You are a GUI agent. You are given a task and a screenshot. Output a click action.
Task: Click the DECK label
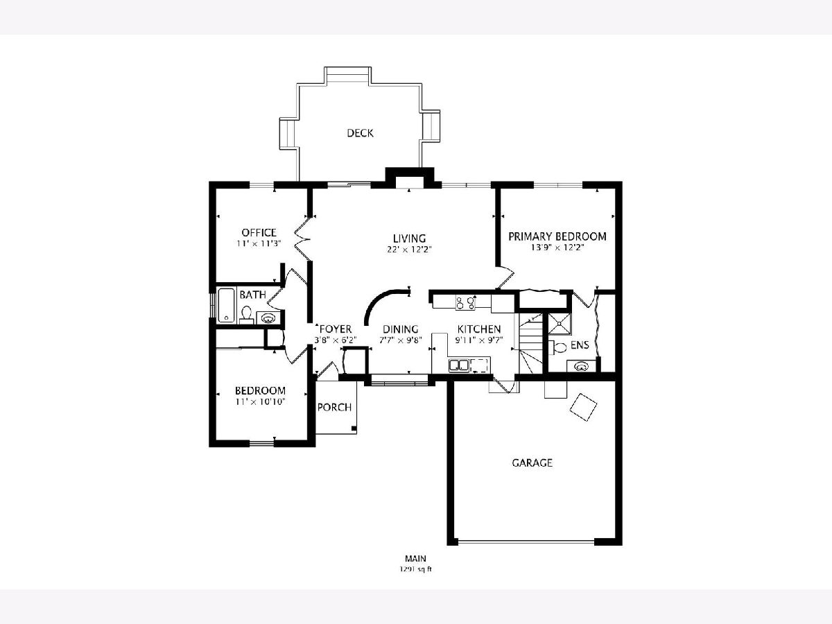pyautogui.click(x=360, y=133)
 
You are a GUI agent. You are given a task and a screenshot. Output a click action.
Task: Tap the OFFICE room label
pyautogui.click(x=259, y=232)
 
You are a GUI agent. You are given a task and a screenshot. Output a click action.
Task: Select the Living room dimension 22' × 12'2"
pyautogui.click(x=409, y=250)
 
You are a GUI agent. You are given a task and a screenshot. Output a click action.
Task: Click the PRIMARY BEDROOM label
pyautogui.click(x=557, y=236)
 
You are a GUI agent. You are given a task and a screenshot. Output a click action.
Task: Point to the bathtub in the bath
pyautogui.click(x=226, y=305)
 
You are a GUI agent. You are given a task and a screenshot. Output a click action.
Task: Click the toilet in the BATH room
pyautogui.click(x=246, y=315)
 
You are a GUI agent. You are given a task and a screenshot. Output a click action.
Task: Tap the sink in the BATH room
pyautogui.click(x=268, y=318)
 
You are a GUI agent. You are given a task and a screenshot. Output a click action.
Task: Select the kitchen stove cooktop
pyautogui.click(x=465, y=303)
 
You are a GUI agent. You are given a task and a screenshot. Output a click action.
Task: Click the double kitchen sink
pyautogui.click(x=459, y=365)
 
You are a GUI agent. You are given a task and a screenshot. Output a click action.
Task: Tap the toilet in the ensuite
pyautogui.click(x=557, y=347)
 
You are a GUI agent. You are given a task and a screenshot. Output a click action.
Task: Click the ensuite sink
pyautogui.click(x=581, y=366)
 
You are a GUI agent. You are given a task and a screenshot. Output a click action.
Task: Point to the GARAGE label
pyautogui.click(x=532, y=462)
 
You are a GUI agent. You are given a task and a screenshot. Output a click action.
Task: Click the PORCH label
pyautogui.click(x=334, y=407)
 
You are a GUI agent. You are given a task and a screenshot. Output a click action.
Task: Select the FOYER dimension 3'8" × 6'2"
pyautogui.click(x=336, y=340)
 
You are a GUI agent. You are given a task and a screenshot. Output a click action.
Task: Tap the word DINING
pyautogui.click(x=400, y=329)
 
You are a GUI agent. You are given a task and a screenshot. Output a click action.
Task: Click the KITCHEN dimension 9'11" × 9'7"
pyautogui.click(x=478, y=340)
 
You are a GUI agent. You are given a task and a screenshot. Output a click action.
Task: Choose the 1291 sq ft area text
pyautogui.click(x=415, y=569)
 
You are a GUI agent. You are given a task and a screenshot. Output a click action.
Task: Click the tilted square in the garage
pyautogui.click(x=583, y=407)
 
